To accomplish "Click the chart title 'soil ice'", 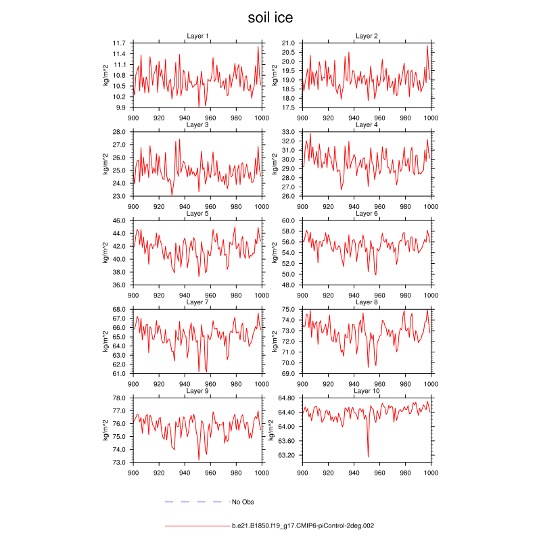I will click(270, 18).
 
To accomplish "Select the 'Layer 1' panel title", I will click(197, 36).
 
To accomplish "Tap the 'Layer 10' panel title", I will click(367, 391).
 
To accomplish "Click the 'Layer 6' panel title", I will click(367, 214).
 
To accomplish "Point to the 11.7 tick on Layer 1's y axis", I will click(120, 43).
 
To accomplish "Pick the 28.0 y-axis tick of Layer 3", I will click(120, 132).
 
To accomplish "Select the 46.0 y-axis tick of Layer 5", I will click(120, 220).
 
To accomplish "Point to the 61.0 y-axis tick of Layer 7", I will click(120, 373).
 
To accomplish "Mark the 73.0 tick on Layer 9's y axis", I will click(120, 463).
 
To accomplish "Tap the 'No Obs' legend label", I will click(243, 502).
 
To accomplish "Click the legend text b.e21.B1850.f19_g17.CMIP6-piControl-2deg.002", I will click(303, 525).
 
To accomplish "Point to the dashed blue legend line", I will click(193, 502).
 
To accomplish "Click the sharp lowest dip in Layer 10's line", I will click(368, 456).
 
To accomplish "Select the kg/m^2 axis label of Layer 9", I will click(105, 430).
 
